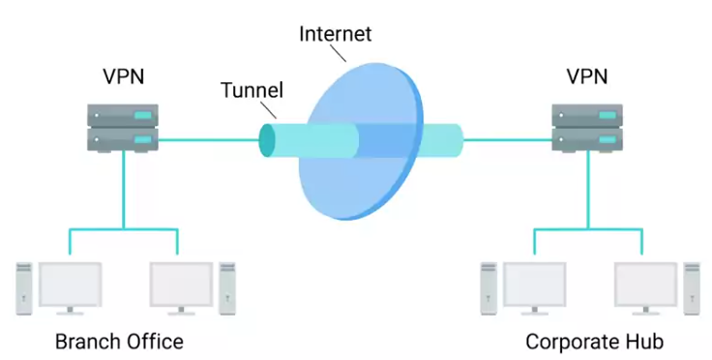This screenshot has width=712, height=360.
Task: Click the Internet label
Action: tap(335, 34)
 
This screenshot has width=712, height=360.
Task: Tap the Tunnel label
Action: tap(252, 90)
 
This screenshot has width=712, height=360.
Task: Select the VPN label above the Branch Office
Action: tap(124, 76)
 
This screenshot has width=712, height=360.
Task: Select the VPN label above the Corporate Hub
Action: tap(586, 76)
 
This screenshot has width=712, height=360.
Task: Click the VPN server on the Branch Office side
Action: tap(123, 128)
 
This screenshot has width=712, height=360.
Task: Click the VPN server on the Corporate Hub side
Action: tap(587, 128)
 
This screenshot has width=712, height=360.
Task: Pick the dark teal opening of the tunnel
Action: tap(267, 140)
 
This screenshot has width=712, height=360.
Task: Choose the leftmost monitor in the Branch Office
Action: tap(70, 288)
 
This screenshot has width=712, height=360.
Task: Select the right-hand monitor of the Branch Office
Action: tap(181, 288)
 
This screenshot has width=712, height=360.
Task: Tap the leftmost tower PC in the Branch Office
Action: tap(24, 288)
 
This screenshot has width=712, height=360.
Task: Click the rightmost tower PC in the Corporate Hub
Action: tap(692, 288)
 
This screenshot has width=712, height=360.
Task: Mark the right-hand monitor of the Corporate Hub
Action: tap(645, 288)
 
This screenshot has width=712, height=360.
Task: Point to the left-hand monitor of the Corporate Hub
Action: tap(534, 288)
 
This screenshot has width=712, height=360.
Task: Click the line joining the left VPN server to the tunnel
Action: tap(209, 140)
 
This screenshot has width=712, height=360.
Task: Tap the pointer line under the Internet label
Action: tap(338, 53)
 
